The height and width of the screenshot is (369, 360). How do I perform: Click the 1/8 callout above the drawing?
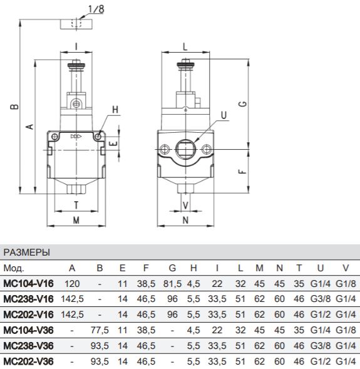tap(96, 9)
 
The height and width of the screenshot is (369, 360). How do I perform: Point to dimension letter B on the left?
tap(14, 107)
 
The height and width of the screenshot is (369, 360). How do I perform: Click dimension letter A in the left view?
tap(29, 127)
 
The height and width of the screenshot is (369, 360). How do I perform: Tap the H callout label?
tap(115, 110)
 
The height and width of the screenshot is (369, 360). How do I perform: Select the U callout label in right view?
tap(224, 115)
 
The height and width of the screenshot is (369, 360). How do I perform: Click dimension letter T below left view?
tap(76, 205)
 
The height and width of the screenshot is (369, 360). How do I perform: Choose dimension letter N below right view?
tap(185, 221)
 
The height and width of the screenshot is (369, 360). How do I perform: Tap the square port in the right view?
tap(185, 149)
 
